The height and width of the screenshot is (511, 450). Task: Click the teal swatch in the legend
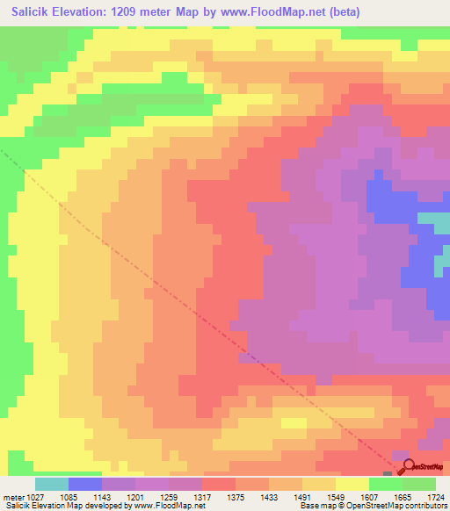(52, 484)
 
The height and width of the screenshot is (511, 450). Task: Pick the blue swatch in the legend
(85, 484)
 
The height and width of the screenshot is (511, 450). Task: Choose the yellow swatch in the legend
(352, 484)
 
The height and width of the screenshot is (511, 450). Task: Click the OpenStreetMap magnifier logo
(405, 467)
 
